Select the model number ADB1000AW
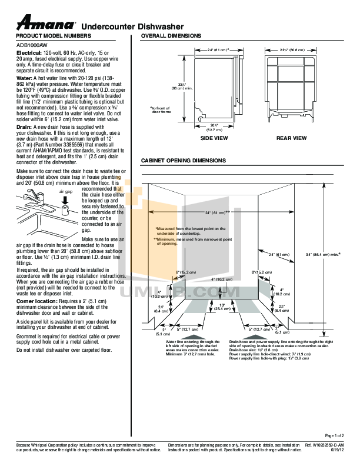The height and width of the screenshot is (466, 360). [x=32, y=44]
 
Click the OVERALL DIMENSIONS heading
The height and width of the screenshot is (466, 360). [x=171, y=36]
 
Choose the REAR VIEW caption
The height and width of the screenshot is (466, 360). [x=292, y=138]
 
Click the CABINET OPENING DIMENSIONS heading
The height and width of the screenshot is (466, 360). [x=184, y=161]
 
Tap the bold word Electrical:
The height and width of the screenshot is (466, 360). [x=28, y=53]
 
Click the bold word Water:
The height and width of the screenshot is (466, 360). [x=24, y=78]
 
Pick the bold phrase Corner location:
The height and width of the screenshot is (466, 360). [x=36, y=301]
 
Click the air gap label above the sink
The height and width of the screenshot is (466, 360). [x=65, y=192]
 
